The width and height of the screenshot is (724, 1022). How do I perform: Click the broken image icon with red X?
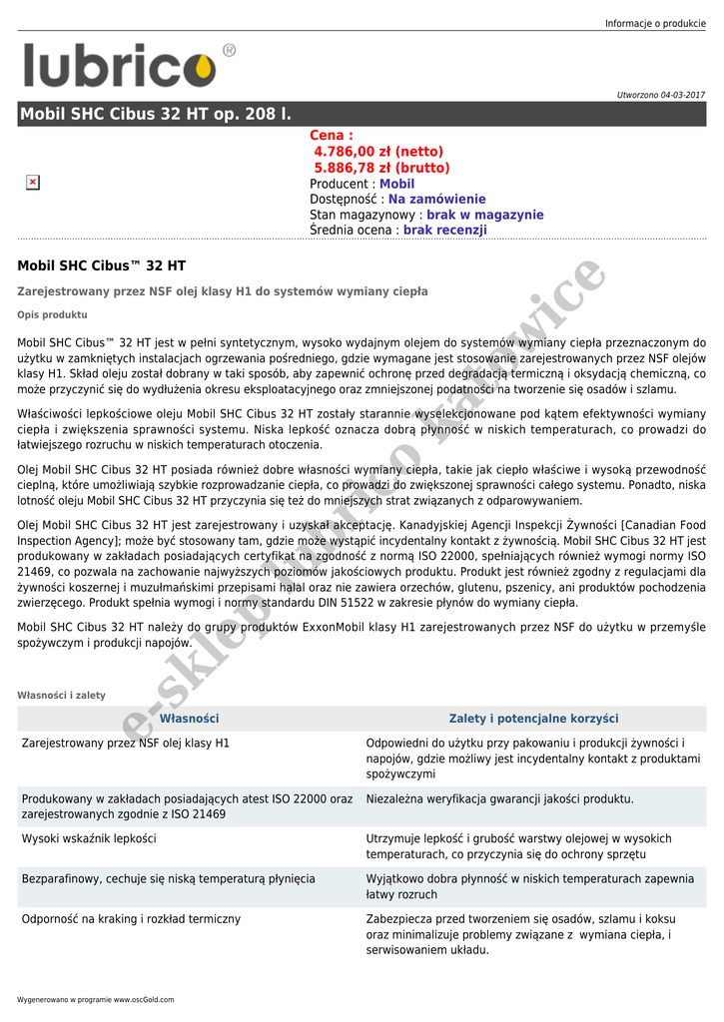32,182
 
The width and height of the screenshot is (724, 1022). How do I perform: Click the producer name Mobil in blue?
396,184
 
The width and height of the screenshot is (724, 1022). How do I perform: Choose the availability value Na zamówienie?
436,199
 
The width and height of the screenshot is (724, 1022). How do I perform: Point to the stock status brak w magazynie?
484,215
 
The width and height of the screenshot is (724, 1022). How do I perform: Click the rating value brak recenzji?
444,230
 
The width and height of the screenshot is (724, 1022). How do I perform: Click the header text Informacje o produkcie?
655,24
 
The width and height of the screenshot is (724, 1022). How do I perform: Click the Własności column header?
189,719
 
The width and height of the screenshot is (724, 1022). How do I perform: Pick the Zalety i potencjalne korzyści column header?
533,719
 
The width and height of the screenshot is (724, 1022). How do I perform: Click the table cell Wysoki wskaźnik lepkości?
89,838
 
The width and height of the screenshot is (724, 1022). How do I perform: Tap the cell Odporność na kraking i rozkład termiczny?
131,918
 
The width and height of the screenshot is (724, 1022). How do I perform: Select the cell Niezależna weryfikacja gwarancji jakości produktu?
499,798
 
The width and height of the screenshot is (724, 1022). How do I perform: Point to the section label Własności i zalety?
61,695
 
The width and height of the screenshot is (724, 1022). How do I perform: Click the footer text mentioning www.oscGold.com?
95,999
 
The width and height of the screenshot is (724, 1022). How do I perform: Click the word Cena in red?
331,136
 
